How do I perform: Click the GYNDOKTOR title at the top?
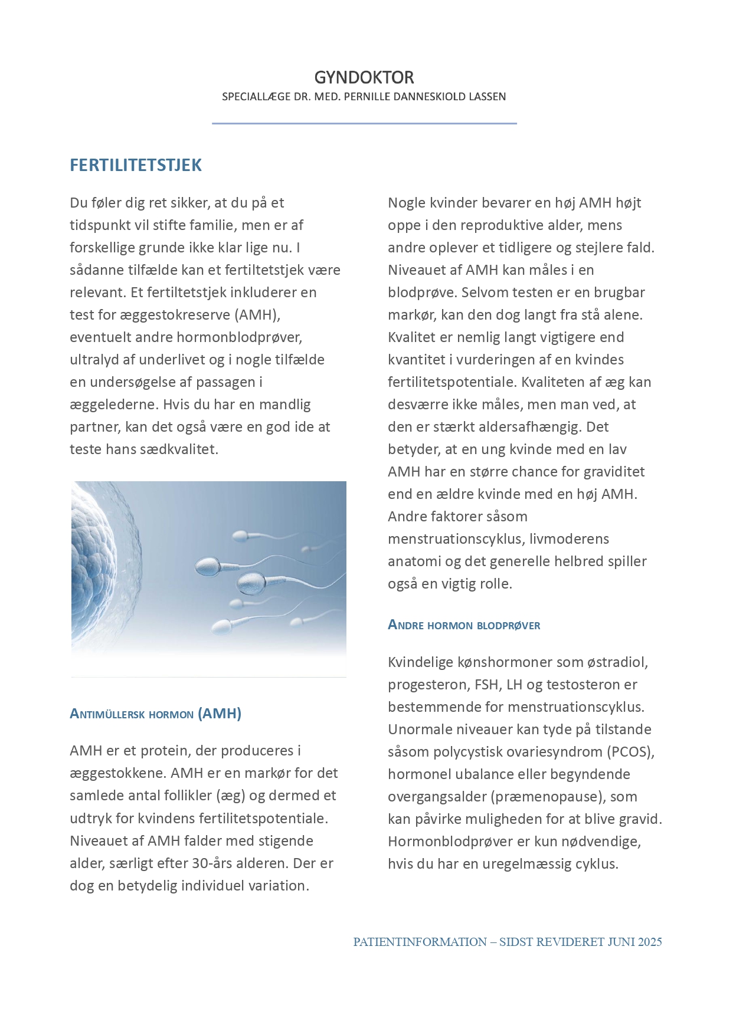point(364,77)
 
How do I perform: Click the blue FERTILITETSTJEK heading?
point(136,165)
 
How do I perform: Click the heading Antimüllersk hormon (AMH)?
point(155,714)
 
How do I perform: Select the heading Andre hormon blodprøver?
point(464,625)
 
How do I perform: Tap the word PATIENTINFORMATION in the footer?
point(420,942)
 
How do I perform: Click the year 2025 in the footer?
point(650,942)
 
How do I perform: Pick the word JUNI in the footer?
point(620,942)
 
